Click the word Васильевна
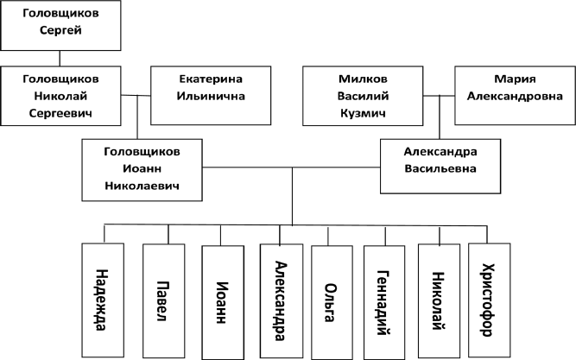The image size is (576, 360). pyautogui.click(x=440, y=169)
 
